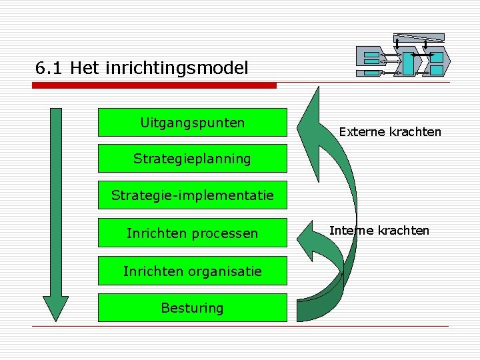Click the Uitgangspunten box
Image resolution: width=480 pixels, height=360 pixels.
tap(192, 123)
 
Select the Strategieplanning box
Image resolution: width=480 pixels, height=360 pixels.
tap(192, 159)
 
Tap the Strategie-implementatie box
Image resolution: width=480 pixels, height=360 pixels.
tap(192, 195)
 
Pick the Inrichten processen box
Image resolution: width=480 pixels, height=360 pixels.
tap(192, 233)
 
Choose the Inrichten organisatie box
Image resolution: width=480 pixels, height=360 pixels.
tap(192, 271)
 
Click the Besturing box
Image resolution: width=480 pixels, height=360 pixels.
tap(192, 307)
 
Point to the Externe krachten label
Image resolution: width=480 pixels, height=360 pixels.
tap(390, 131)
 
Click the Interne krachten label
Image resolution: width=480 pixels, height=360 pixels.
tap(379, 231)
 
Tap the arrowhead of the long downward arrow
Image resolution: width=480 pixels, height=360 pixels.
tap(55, 308)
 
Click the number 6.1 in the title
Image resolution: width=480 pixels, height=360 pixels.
tap(49, 68)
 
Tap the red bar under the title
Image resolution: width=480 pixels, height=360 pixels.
tap(155, 85)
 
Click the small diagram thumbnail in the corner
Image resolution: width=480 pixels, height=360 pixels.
tap(403, 57)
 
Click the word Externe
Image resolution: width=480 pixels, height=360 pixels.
tap(360, 131)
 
